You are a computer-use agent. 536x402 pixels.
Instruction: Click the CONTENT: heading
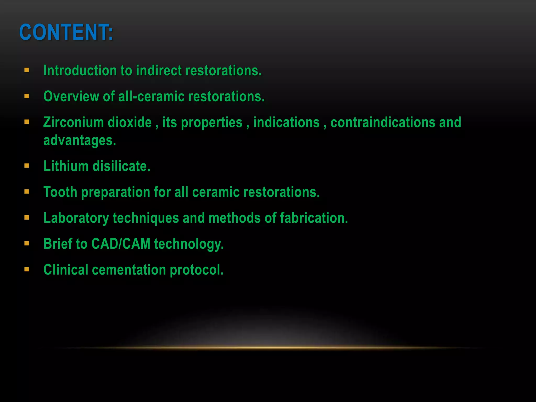(66, 32)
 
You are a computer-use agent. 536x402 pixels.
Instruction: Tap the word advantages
(80, 140)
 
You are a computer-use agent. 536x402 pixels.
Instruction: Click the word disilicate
(121, 166)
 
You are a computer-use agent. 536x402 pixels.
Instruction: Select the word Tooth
(60, 192)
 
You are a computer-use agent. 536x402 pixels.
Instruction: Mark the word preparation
(115, 192)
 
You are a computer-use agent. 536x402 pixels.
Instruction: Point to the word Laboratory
(76, 218)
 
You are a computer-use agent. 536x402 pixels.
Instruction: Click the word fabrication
(314, 218)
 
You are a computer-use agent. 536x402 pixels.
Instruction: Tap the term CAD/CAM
(121, 244)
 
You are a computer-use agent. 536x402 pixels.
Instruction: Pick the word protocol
(197, 270)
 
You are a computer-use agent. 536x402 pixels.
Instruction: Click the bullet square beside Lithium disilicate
(26, 166)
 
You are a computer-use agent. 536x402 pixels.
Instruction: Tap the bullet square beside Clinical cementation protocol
(26, 269)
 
